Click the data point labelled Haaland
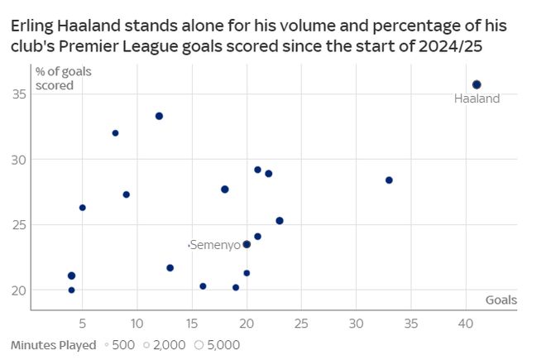[477, 84]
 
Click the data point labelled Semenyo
[247, 244]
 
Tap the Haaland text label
[477, 99]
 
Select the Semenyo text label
[215, 245]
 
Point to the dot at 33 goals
[389, 180]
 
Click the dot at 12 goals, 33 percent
[159, 116]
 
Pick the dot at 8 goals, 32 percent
[115, 132]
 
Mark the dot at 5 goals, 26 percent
[82, 207]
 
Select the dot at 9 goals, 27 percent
[126, 194]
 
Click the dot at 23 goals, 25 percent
[280, 220]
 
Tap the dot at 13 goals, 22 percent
[170, 267]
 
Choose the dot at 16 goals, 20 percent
[203, 286]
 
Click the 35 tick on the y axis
[17, 94]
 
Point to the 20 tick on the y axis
[17, 290]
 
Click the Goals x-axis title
[501, 300]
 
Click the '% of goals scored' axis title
[63, 78]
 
